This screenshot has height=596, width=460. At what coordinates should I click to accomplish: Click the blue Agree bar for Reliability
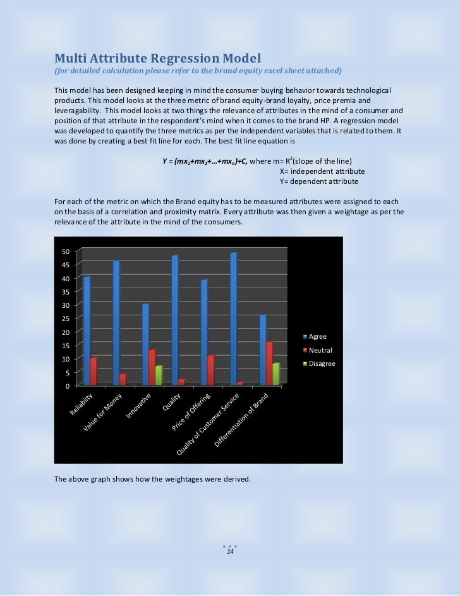(x=87, y=331)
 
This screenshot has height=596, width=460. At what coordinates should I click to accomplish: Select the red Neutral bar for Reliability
(x=94, y=372)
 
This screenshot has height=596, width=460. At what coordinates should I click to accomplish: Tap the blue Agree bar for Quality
(x=174, y=320)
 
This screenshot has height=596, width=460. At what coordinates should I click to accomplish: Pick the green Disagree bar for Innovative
(x=159, y=375)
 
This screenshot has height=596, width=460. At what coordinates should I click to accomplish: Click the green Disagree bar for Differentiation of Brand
(x=275, y=374)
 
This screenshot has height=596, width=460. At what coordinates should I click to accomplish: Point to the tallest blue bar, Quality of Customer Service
(x=233, y=319)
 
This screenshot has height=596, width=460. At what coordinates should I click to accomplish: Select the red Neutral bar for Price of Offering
(x=210, y=370)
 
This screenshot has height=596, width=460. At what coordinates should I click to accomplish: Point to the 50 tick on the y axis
(x=66, y=252)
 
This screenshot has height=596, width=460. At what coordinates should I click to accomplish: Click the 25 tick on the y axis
(x=66, y=319)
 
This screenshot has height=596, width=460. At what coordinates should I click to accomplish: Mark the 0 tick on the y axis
(x=68, y=386)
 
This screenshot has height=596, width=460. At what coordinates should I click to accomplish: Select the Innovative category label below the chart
(x=140, y=406)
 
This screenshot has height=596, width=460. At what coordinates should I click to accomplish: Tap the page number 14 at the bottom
(x=230, y=552)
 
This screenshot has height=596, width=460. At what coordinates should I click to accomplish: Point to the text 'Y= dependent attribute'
(x=318, y=181)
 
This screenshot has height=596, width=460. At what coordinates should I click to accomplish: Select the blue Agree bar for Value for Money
(x=116, y=323)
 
